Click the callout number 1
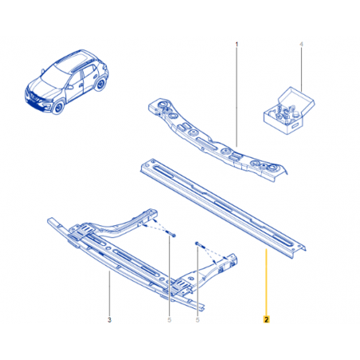point(237,44)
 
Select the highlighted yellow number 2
point(266,319)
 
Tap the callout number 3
point(109,319)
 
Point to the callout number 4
point(301,45)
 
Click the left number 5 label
point(170,319)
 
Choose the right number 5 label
point(198,319)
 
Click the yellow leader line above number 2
point(266,282)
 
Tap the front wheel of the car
point(58,107)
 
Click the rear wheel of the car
point(100,84)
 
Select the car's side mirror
point(70,87)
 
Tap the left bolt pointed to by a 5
point(171,234)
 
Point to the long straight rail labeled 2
point(223,209)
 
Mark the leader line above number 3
point(109,293)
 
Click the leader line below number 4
point(301,70)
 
